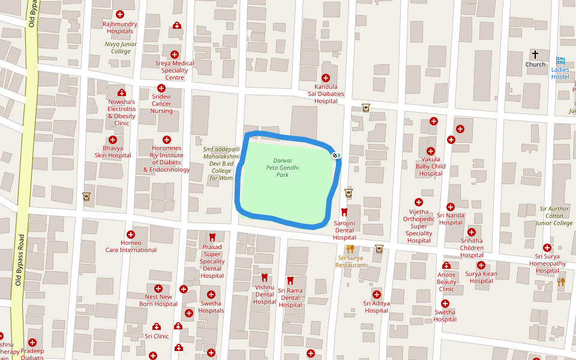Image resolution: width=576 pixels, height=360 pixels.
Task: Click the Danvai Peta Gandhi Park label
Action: [282, 167]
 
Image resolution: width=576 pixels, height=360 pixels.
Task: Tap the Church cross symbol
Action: [535, 55]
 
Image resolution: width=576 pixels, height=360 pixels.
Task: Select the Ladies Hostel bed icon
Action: [560, 61]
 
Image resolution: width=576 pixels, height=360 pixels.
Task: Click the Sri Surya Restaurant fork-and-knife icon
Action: [350, 248]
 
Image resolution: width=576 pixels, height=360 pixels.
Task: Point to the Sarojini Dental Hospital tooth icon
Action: [344, 212]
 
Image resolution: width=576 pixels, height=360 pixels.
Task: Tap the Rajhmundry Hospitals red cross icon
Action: [120, 14]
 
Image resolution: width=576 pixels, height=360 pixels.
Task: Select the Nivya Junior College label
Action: [121, 47]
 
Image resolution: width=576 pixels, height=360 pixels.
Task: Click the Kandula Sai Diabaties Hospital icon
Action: [326, 78]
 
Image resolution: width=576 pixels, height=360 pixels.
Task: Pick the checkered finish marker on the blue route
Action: [335, 155]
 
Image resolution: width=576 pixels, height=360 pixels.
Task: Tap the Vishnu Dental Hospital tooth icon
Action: [264, 277]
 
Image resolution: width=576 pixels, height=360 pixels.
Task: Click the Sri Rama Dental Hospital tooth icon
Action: [290, 280]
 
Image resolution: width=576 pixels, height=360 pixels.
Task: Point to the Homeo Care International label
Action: [131, 247]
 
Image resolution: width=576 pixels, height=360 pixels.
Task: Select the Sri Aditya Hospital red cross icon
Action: [376, 294]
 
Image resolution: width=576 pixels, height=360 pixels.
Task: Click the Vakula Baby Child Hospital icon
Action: [430, 151]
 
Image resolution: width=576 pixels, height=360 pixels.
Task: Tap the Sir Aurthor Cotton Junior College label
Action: [556, 216]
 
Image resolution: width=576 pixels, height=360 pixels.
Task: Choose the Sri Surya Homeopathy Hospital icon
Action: [547, 248]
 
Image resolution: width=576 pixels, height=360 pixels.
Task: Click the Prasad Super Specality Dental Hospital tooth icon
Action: [212, 237]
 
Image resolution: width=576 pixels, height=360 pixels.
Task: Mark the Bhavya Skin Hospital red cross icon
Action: [113, 139]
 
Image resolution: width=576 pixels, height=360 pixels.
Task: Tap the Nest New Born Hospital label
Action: [158, 300]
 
